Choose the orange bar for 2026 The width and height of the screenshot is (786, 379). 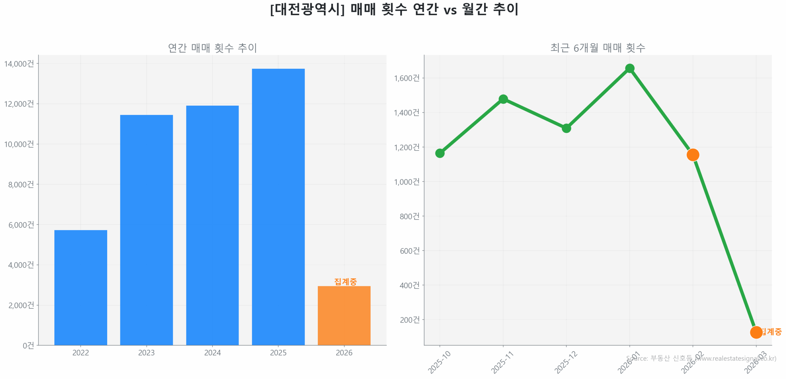344,315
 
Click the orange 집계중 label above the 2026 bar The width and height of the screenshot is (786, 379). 345,281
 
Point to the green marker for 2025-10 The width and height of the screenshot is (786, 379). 440,153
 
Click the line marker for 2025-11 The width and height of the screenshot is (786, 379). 503,99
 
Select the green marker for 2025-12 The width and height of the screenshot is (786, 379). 566,128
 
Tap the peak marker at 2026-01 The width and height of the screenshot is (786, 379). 629,68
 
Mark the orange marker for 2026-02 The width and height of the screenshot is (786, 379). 693,154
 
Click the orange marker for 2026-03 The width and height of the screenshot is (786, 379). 756,332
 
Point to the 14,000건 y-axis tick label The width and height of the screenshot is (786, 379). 19,64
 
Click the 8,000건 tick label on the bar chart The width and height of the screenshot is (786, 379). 21,184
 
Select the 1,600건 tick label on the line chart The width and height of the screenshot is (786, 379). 407,78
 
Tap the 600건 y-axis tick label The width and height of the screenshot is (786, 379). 409,251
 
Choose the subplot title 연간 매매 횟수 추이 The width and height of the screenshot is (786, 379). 212,48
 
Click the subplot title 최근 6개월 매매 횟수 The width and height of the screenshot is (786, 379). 597,48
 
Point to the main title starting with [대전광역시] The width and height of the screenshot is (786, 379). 394,9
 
